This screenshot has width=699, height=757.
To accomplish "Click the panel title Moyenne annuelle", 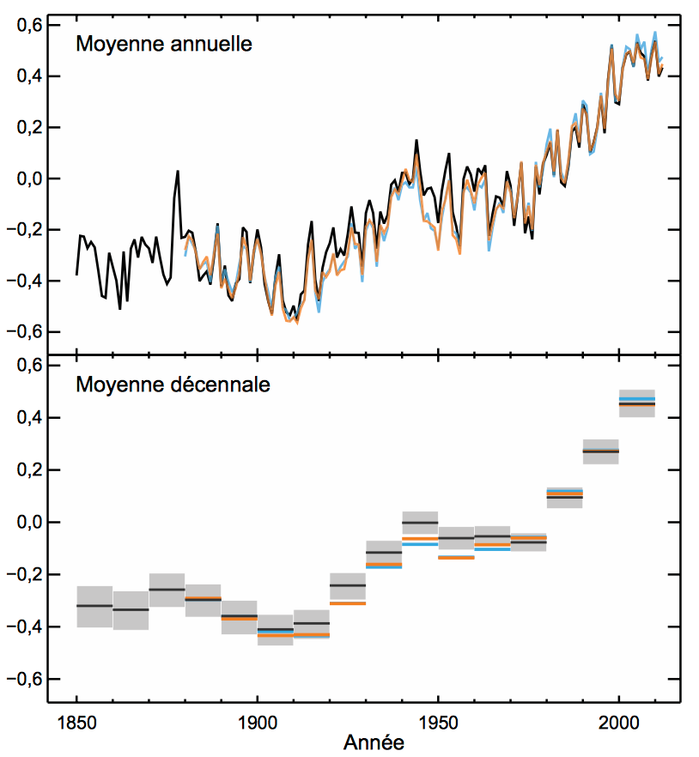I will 164,43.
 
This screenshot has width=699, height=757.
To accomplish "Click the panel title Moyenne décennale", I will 173,385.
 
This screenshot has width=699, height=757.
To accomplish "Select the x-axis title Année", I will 373,740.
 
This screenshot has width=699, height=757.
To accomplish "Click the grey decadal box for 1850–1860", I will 94,606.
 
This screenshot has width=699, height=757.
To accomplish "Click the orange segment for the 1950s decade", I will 456,558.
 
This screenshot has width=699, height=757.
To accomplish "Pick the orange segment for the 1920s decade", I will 348,603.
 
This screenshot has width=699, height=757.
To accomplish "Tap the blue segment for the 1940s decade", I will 420,544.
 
